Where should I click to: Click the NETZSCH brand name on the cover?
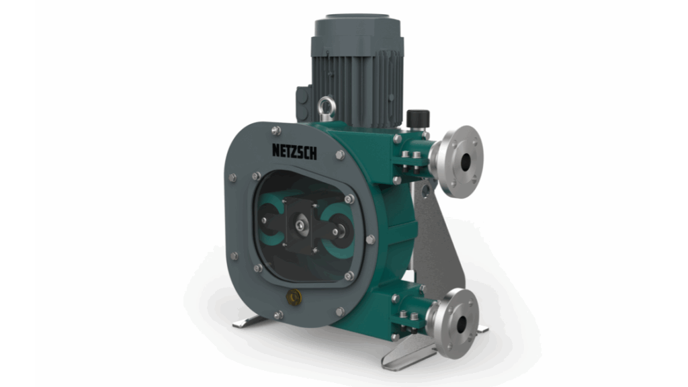[x=294, y=150]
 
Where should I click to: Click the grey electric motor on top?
[x=356, y=67]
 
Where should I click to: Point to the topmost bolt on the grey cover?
[x=275, y=130]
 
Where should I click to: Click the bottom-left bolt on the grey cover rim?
[x=234, y=256]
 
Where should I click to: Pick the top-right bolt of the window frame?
[x=349, y=199]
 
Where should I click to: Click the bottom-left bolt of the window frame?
[x=257, y=268]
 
